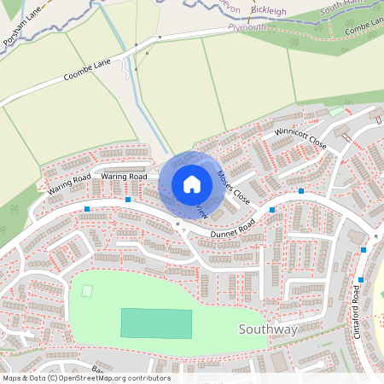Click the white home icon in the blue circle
(192, 184)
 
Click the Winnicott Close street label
(300, 136)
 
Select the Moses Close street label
(233, 186)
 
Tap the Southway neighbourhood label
(268, 329)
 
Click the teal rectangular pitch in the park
(156, 323)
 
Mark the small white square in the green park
(87, 291)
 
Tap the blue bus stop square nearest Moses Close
(272, 209)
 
